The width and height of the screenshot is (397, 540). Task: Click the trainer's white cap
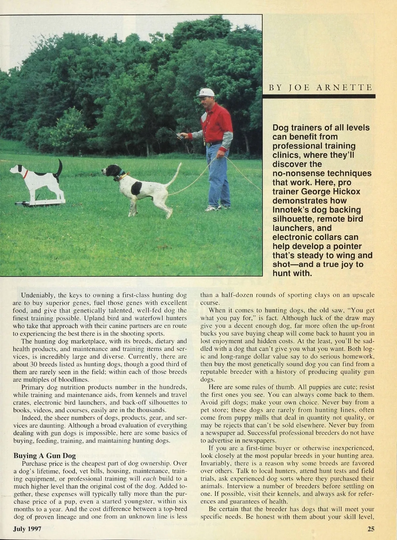tap(206, 92)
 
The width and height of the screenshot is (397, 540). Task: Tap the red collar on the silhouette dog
tap(25, 174)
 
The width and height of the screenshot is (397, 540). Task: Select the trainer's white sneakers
tap(212, 208)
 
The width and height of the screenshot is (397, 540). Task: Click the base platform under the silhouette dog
tap(40, 202)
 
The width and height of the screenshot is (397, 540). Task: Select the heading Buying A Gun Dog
tap(44, 456)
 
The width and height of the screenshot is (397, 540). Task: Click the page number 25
tap(371, 529)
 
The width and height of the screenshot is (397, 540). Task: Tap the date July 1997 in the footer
tap(27, 529)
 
